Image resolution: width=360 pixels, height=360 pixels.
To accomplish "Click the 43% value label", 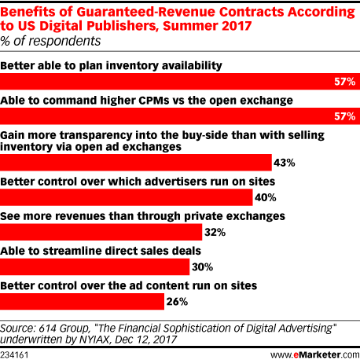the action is [x=285, y=163].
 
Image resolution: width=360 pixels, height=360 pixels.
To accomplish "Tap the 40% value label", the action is [x=266, y=197].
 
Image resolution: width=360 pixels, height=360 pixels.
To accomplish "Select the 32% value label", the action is [x=215, y=233].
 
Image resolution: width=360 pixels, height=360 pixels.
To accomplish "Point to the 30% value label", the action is [x=202, y=267].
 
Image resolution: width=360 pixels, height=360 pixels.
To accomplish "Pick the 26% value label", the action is [x=177, y=302].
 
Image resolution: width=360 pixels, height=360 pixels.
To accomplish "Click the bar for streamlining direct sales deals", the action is [x=94, y=267].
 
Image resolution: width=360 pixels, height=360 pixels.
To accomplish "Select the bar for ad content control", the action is [x=82, y=302].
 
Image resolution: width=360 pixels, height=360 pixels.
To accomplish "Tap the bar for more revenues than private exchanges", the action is [x=101, y=232].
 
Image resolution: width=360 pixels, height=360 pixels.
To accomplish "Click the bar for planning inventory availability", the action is [x=180, y=82].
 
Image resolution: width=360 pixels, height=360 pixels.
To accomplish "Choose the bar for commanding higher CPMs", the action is [x=180, y=116].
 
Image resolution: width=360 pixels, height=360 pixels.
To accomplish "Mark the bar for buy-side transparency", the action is [x=136, y=163].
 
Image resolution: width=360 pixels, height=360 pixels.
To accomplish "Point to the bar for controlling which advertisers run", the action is [x=127, y=197].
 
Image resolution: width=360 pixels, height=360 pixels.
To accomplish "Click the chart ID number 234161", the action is [x=14, y=355].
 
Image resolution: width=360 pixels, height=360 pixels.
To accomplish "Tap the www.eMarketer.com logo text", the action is [x=315, y=355].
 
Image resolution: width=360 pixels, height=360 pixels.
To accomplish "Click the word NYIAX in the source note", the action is [x=94, y=340].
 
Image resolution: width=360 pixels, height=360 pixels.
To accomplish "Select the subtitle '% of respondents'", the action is [x=50, y=41].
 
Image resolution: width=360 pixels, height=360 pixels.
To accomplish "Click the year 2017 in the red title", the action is [x=237, y=26].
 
